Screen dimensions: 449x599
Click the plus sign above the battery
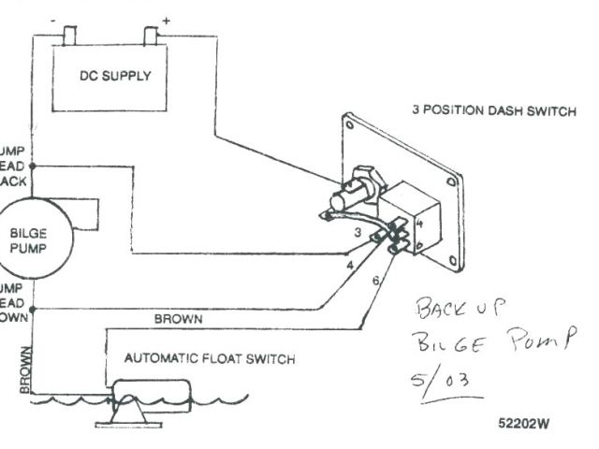coord(166,19)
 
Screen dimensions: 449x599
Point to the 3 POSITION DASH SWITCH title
coord(494,109)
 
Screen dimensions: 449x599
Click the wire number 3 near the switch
coord(358,230)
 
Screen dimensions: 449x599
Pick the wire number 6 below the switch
coord(376,280)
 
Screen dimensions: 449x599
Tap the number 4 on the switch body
coord(420,224)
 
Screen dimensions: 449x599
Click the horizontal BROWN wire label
coord(178,319)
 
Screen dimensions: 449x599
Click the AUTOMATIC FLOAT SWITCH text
coord(210,358)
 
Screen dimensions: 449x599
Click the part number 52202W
coord(524,422)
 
